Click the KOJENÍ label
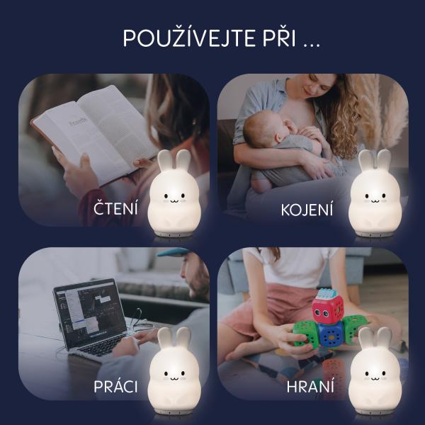tap(307, 210)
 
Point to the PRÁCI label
tap(115, 386)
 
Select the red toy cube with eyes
tap(327, 309)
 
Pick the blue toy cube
tap(331, 336)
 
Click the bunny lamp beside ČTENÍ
tap(174, 193)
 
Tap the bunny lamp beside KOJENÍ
tap(375, 193)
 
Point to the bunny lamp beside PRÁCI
tap(174, 370)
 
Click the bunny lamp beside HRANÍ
tap(375, 370)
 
